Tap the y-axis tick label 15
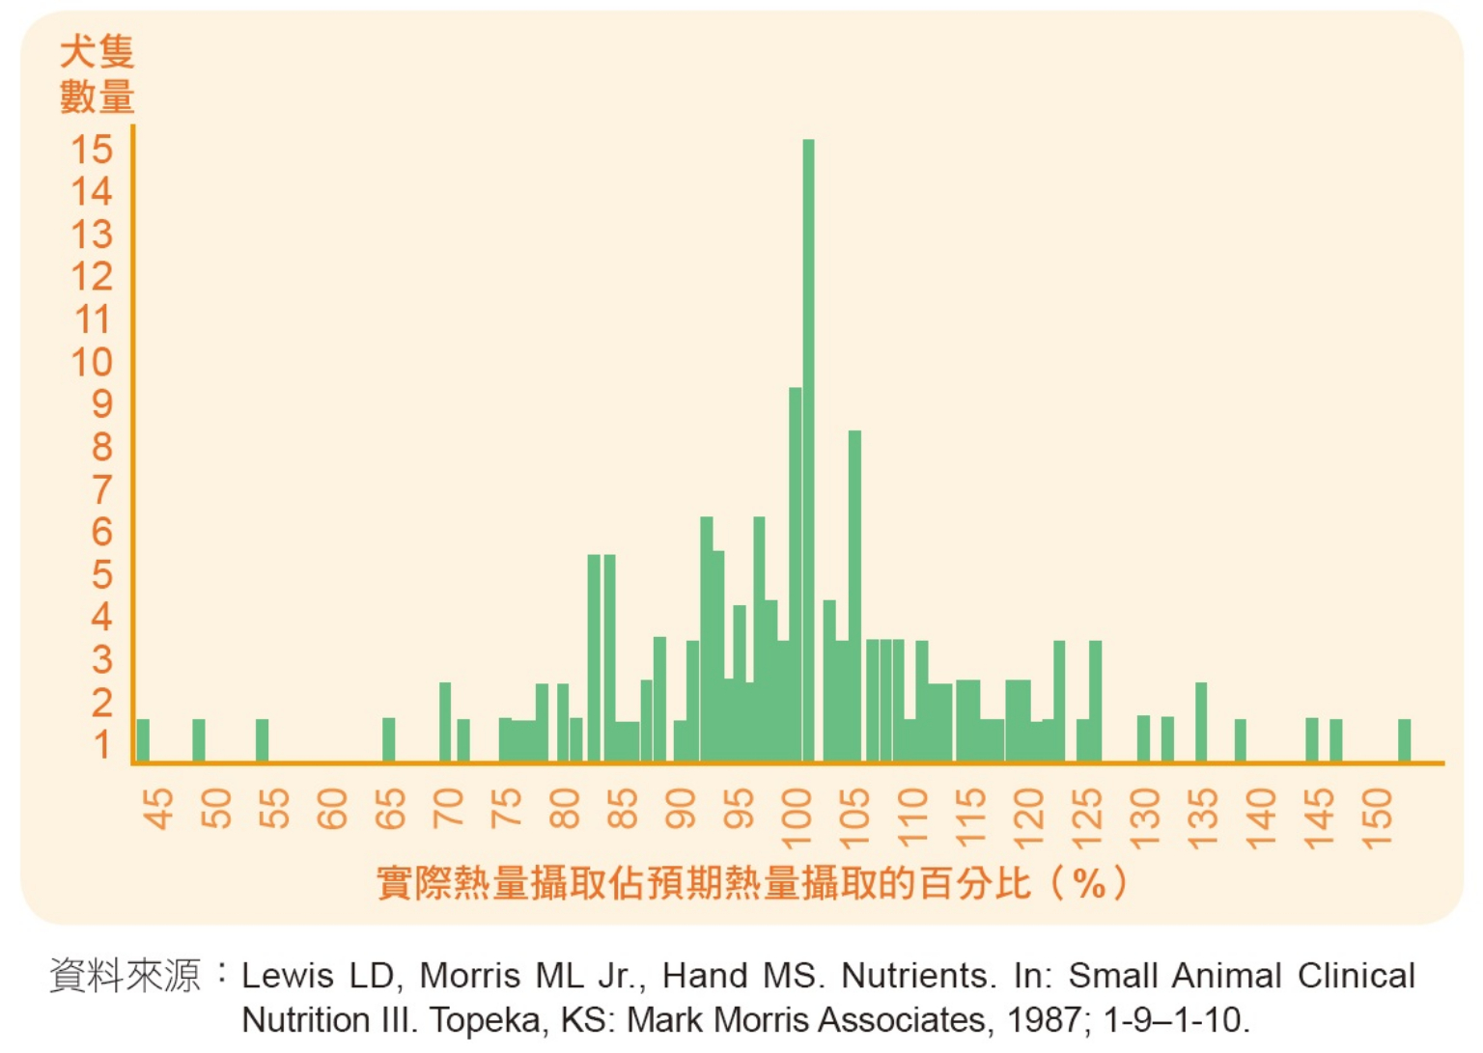pos(92,150)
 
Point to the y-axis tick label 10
pos(92,362)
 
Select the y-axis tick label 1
pos(101,744)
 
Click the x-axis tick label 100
pos(797,817)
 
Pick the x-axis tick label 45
pos(159,808)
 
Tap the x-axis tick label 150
pos(1378,817)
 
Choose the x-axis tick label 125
pos(1087,817)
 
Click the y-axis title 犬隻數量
pos(97,74)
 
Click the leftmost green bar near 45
pos(143,740)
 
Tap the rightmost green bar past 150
pos(1405,740)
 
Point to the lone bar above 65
pos(388,740)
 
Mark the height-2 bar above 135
pos(1201,722)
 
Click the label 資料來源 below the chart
pos(125,976)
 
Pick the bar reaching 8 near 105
pos(854,596)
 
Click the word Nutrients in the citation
pos(917,976)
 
